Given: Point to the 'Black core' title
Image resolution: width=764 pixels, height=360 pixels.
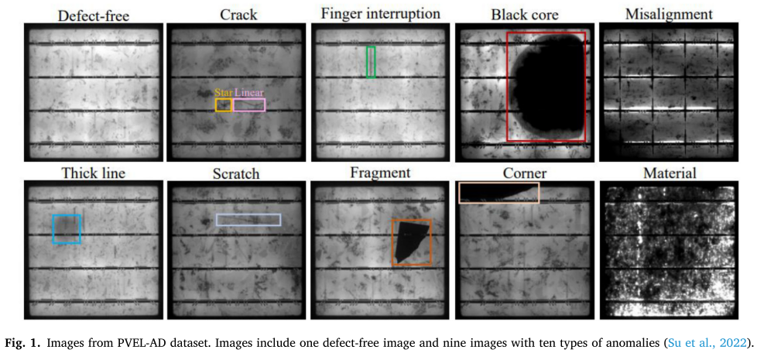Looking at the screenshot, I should pos(525,14).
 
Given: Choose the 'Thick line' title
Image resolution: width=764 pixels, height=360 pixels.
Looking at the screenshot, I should pos(93,173).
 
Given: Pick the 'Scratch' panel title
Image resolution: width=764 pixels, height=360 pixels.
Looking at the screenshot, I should pos(236,173).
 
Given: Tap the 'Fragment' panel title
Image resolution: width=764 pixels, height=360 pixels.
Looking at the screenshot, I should pos(379,173).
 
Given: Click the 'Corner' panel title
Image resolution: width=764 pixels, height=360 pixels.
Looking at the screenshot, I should pos(525,173).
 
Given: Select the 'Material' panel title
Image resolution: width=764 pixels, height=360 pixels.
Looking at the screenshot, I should pos(670,173).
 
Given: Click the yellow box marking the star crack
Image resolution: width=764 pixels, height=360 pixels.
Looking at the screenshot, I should pos(224,105).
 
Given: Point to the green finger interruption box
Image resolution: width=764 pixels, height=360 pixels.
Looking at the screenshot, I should pos(372,62).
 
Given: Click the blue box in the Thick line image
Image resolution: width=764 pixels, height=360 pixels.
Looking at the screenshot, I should pos(67,229).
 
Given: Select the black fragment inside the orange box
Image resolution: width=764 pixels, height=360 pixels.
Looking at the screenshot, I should pos(410,241).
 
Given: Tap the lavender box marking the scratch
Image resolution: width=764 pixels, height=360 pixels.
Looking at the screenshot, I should pos(248,220).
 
